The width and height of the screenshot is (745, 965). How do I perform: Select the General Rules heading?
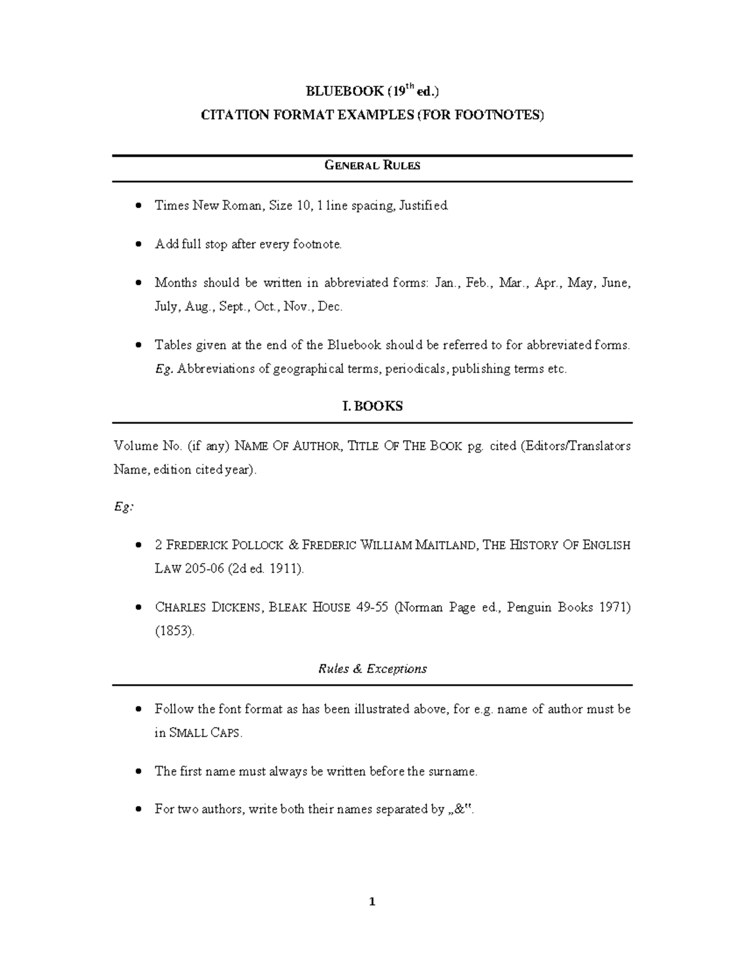coord(372,165)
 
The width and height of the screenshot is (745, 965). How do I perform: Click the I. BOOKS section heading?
coord(372,406)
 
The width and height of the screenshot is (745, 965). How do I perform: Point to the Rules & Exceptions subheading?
coord(372,669)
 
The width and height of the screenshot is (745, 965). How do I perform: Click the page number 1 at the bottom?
coord(372,902)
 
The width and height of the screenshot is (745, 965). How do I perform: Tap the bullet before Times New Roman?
coord(139,206)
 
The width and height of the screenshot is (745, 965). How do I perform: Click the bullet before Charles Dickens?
coord(139,608)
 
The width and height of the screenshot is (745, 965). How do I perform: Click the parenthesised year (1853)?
coord(174,631)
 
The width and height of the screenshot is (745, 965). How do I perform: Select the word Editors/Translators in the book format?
coord(577,446)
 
